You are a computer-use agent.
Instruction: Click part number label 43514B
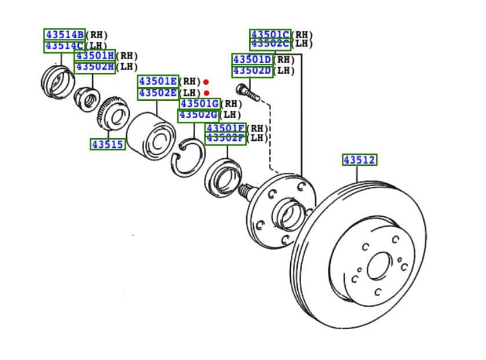click(x=64, y=34)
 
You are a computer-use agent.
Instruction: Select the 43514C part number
click(x=64, y=46)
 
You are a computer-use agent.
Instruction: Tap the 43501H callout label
click(x=95, y=56)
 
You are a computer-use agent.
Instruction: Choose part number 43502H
click(x=95, y=67)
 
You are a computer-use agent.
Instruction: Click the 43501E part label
click(x=158, y=81)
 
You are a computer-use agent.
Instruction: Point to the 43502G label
click(x=198, y=115)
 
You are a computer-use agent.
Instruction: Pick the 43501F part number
click(x=226, y=128)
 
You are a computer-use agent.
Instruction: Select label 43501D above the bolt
click(x=253, y=60)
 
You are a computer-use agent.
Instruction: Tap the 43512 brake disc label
click(x=360, y=159)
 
